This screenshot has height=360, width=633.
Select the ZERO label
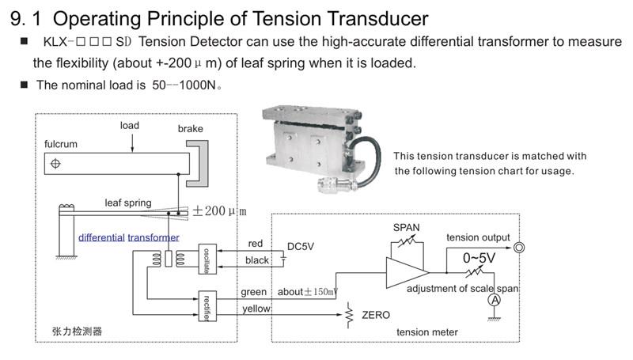(x=376, y=315)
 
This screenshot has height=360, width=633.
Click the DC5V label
(x=301, y=246)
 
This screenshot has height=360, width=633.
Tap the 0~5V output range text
(x=479, y=259)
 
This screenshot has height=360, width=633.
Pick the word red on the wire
(x=256, y=243)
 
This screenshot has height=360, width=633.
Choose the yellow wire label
(x=256, y=308)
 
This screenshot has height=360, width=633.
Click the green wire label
(x=254, y=292)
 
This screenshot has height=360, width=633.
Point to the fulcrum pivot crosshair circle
(x=55, y=163)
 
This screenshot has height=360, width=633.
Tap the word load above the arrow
(x=130, y=126)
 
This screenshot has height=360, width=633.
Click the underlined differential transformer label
(x=128, y=237)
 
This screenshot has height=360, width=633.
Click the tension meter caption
(x=427, y=332)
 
